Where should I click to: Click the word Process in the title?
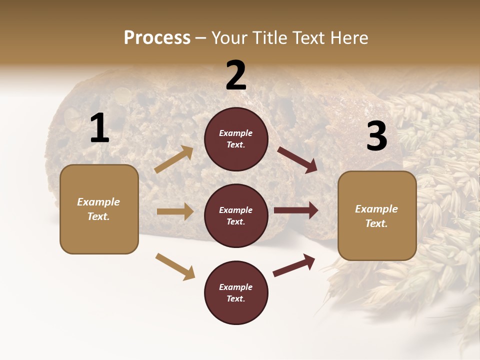pos(157,38)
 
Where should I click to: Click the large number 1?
pos(99,128)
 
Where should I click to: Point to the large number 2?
pos(236,75)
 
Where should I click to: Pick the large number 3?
pos(376,136)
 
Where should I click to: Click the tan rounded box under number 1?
pos(99,209)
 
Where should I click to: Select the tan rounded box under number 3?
pos(377,216)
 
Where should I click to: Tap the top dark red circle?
pos(236,139)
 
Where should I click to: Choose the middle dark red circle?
pos(236,215)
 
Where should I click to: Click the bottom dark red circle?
pos(236,292)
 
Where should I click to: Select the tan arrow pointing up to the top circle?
pos(174,159)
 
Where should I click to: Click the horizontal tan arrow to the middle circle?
pos(175,211)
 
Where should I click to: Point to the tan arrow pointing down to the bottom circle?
pos(175,266)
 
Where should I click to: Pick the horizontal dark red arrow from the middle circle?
pos(296,210)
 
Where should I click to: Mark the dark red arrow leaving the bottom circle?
pos(294,265)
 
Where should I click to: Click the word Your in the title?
pos(229,38)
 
